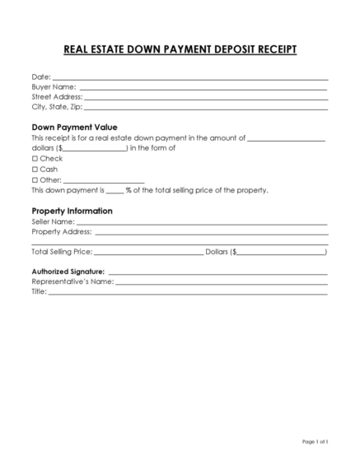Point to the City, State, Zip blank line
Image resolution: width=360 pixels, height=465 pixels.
[x=206, y=107]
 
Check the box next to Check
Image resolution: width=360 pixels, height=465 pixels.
[x=35, y=158]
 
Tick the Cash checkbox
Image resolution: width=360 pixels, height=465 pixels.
[x=35, y=169]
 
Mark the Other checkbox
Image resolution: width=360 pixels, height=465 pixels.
[x=35, y=179]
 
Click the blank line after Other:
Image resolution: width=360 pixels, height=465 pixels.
[x=104, y=180]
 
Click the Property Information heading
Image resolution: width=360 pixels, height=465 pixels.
[x=72, y=211]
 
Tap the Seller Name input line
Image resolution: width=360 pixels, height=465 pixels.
[x=202, y=223]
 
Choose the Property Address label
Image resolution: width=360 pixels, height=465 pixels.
[x=62, y=232]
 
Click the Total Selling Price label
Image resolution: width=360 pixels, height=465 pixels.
[x=62, y=252]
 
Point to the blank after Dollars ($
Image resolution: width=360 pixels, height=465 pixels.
[x=283, y=253]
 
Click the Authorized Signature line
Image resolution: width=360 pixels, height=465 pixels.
[x=217, y=272]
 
